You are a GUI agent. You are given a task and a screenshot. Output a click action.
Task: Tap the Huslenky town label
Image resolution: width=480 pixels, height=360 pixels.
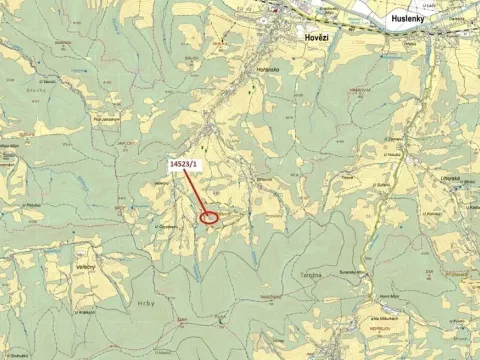(408, 16)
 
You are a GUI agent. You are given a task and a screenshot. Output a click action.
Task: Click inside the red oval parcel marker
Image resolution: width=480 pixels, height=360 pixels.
(209, 217)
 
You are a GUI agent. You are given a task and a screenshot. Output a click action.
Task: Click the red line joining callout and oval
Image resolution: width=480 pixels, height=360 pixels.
(197, 192)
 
